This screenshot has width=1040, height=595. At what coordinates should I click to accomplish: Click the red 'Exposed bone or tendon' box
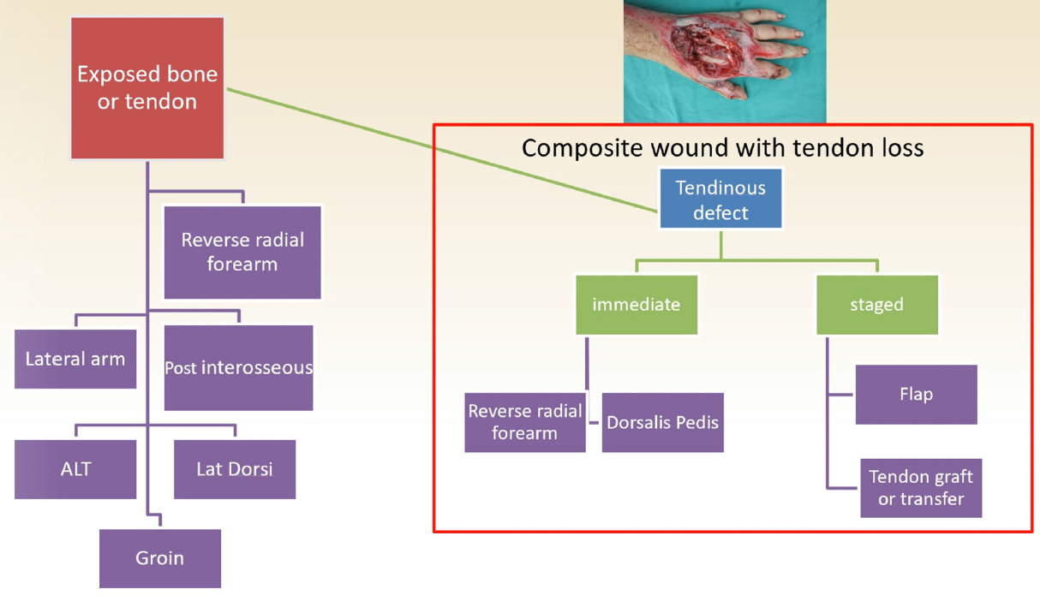(147, 88)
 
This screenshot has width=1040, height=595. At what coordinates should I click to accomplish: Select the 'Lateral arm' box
(75, 359)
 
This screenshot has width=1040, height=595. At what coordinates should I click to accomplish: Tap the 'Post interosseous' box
(239, 367)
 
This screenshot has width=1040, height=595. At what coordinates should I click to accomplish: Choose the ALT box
(75, 469)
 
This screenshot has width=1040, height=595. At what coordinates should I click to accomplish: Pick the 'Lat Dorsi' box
(235, 469)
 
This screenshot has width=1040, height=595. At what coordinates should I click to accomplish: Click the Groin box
(160, 558)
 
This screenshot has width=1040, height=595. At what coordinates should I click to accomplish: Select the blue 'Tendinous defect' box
(720, 199)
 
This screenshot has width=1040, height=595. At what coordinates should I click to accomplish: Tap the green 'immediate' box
(637, 305)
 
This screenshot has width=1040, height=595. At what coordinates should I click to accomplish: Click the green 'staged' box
(877, 305)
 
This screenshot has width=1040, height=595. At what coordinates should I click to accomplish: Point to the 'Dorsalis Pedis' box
(662, 422)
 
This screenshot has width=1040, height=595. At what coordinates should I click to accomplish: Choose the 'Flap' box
(917, 395)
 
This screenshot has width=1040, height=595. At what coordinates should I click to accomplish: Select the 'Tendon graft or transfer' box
(921, 488)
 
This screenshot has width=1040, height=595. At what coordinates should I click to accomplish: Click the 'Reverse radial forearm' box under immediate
(525, 422)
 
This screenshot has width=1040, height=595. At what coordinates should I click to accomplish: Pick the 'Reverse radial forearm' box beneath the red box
(242, 253)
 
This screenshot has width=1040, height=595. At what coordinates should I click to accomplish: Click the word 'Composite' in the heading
(583, 148)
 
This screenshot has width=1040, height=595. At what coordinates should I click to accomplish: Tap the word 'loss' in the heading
(900, 148)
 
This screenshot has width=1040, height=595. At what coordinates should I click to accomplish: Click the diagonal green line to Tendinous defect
(442, 151)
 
